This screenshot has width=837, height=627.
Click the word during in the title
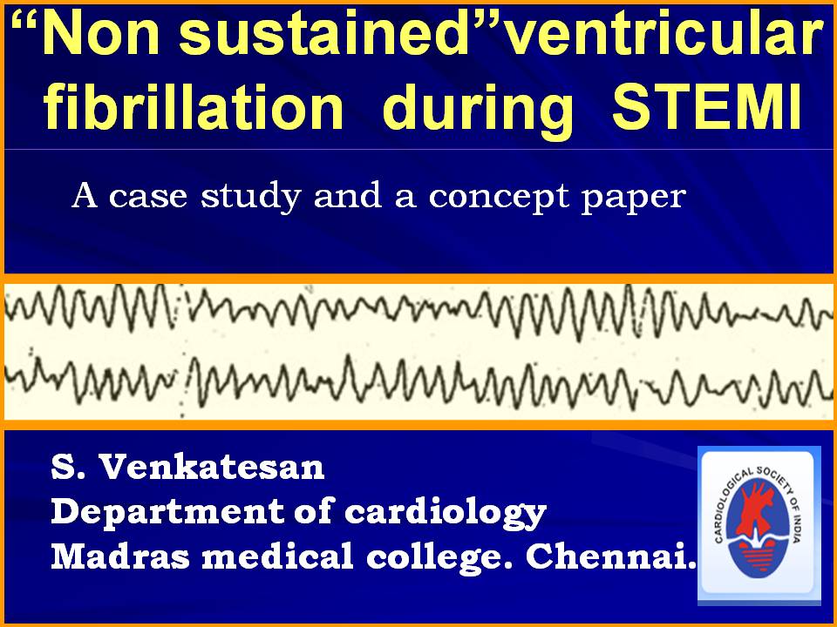tap(478, 111)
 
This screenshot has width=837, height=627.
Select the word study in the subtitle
tap(251, 197)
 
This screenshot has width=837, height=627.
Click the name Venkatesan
tap(212, 467)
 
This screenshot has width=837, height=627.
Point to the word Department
tap(167, 513)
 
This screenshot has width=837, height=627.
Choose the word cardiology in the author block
tap(446, 513)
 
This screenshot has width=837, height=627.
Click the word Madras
tap(120, 556)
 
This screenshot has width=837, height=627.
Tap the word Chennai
tap(612, 556)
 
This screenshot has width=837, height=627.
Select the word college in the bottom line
tap(439, 557)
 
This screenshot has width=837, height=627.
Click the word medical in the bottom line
tap(277, 556)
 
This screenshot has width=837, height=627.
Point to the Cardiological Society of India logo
tap(759, 526)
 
